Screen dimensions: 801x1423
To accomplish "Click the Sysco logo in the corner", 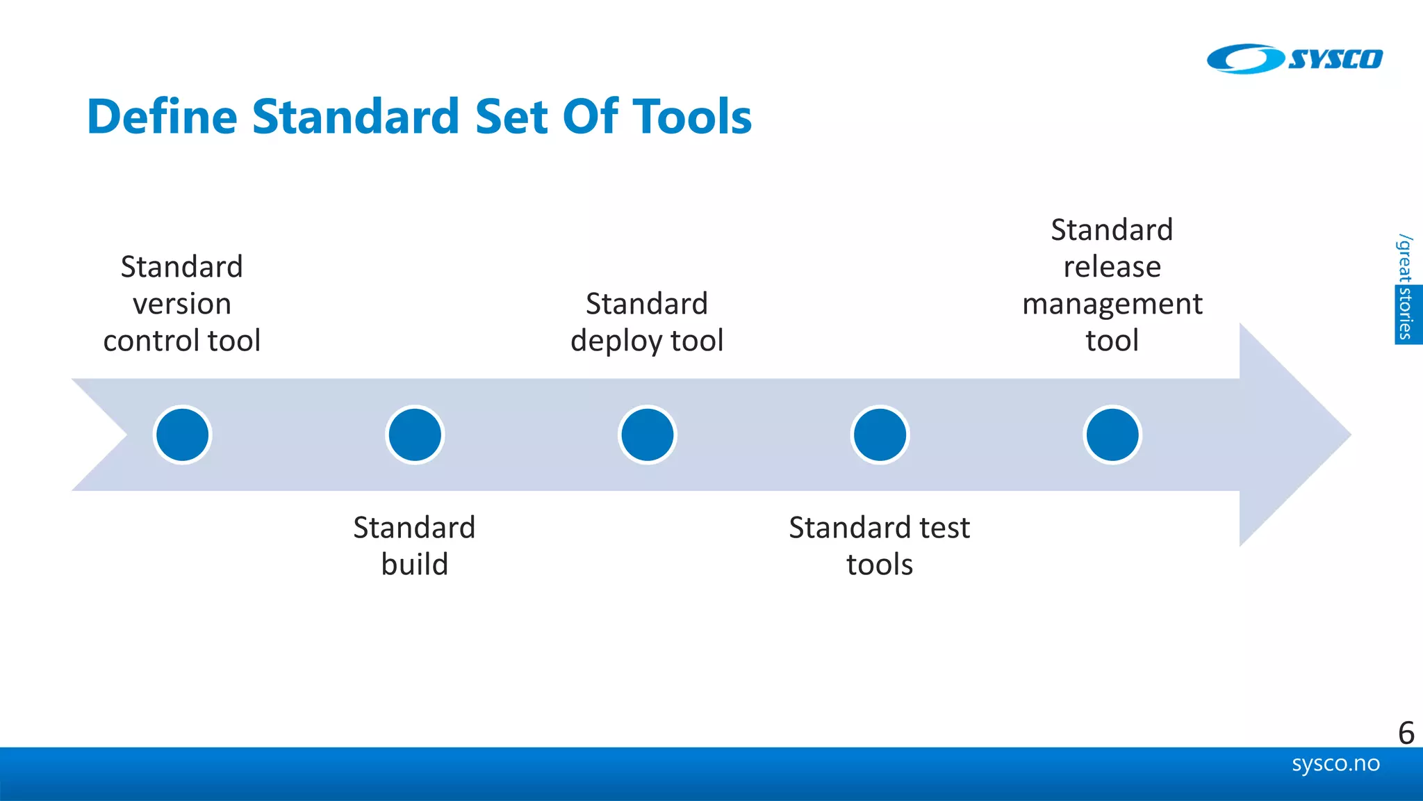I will click(x=1294, y=59).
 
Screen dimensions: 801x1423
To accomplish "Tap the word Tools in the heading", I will click(x=692, y=116).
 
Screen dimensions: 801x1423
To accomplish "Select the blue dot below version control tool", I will click(x=182, y=435).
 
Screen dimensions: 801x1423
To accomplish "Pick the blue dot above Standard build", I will click(x=415, y=435).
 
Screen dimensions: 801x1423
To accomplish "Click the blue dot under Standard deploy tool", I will click(x=647, y=435).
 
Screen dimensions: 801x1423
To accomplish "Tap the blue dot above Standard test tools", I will click(x=880, y=435).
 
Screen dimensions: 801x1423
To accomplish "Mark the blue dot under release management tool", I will click(x=1112, y=435).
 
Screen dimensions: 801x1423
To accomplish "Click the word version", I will click(x=182, y=305).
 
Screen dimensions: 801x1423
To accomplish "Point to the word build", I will click(x=415, y=565).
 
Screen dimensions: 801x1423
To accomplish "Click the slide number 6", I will click(x=1406, y=733).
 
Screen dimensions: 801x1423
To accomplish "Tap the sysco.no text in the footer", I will click(x=1335, y=763).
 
